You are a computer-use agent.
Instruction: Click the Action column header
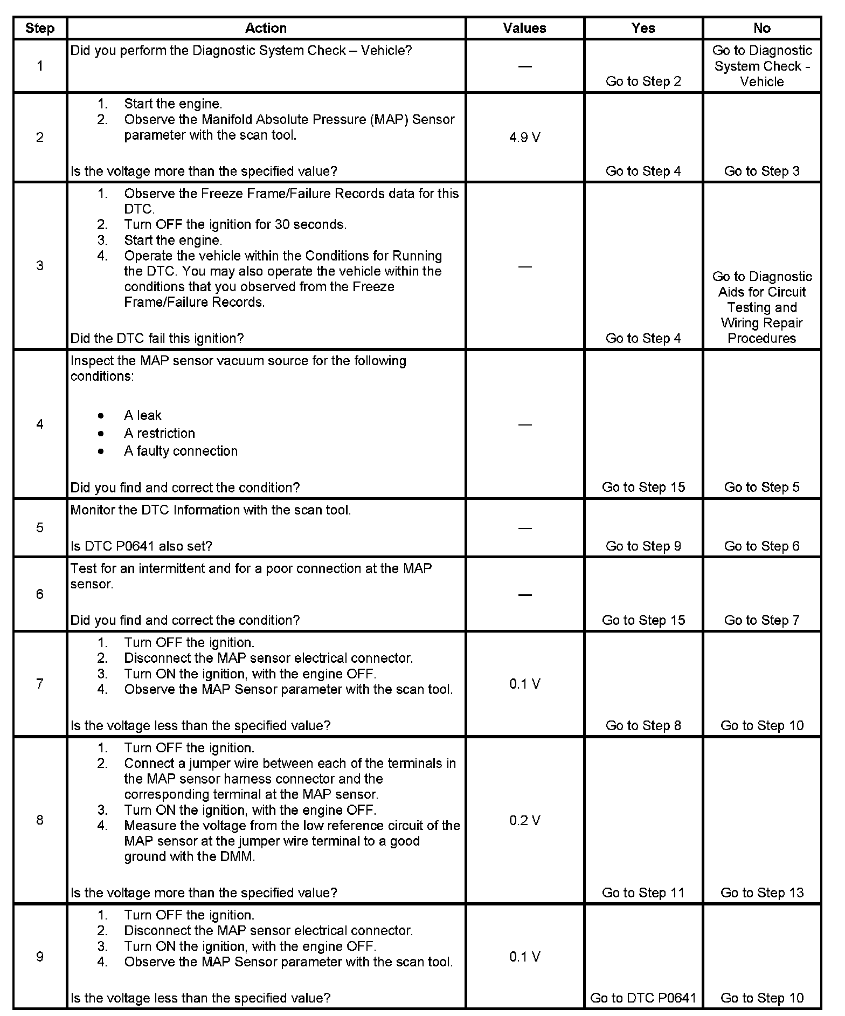tap(266, 28)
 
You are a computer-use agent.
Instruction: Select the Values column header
tap(524, 28)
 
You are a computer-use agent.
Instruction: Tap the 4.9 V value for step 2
tap(524, 138)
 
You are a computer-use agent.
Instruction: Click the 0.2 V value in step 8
tap(524, 820)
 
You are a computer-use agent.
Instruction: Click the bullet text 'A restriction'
tap(160, 433)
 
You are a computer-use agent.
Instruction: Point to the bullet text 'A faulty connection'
tap(181, 451)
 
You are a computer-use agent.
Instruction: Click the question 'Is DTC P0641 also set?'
tap(141, 546)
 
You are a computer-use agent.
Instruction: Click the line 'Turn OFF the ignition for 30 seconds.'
tap(236, 224)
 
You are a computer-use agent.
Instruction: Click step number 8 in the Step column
tap(40, 820)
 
